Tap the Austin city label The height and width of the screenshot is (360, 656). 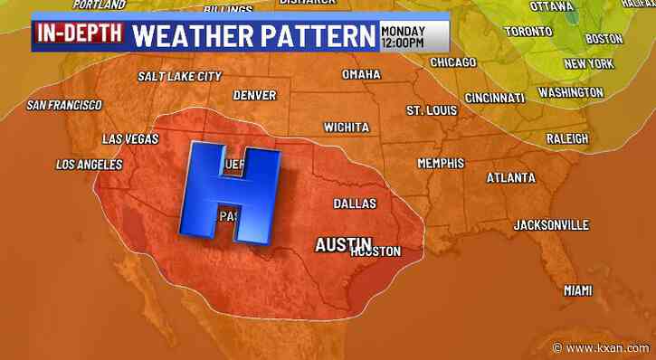(343, 243)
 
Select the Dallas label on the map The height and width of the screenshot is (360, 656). (355, 204)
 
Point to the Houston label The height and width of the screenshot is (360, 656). (375, 251)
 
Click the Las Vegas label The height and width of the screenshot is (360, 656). (130, 138)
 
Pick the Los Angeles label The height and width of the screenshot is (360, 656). (89, 165)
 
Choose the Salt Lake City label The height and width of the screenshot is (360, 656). (180, 76)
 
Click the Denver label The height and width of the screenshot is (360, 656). (254, 95)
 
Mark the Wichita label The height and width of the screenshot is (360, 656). (347, 126)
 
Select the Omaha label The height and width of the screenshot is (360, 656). (361, 73)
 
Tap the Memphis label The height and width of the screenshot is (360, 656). (441, 163)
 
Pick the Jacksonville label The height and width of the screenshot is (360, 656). (551, 224)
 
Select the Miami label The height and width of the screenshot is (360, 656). (577, 290)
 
